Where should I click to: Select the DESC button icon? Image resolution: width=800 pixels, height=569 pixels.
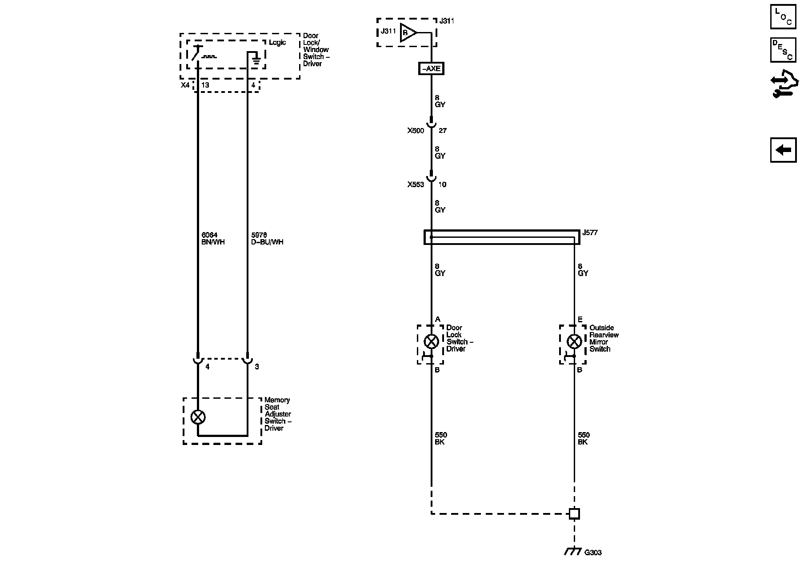pyautogui.click(x=783, y=50)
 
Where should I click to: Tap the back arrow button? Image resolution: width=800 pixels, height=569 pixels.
pyautogui.click(x=783, y=150)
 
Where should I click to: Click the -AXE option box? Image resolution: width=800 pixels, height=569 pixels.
pyautogui.click(x=431, y=69)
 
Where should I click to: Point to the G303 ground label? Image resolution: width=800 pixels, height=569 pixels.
pyautogui.click(x=593, y=553)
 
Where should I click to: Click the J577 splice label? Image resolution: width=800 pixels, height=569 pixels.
pyautogui.click(x=590, y=232)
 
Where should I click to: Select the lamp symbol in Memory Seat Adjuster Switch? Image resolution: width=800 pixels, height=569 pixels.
pyautogui.click(x=198, y=417)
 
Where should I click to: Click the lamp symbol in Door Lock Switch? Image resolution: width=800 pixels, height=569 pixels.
pyautogui.click(x=431, y=341)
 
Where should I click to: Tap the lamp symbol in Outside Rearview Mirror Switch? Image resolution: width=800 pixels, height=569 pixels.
pyautogui.click(x=574, y=341)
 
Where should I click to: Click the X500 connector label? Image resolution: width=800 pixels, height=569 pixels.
pyautogui.click(x=416, y=131)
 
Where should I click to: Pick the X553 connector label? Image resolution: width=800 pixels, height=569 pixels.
pyautogui.click(x=416, y=184)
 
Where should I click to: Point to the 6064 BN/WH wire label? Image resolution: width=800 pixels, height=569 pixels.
pyautogui.click(x=213, y=239)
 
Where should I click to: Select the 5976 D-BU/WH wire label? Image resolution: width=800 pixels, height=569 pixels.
pyautogui.click(x=267, y=239)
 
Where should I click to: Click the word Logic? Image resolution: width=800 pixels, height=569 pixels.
pyautogui.click(x=277, y=43)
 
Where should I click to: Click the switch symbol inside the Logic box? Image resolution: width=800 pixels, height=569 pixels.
pyautogui.click(x=196, y=54)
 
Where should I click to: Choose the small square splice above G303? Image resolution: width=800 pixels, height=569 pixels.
pyautogui.click(x=574, y=514)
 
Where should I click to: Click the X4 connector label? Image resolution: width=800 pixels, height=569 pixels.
pyautogui.click(x=185, y=85)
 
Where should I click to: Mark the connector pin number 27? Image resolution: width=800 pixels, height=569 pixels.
pyautogui.click(x=442, y=131)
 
